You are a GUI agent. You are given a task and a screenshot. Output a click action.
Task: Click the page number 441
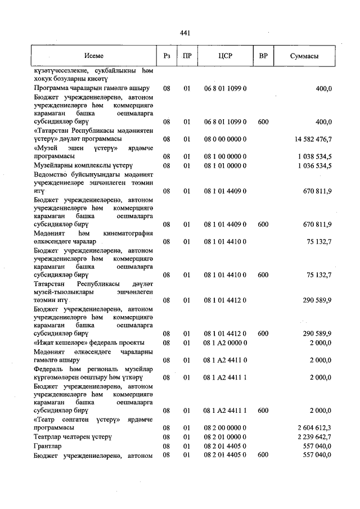(184, 34)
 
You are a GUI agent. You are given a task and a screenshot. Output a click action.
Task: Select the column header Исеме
(94, 56)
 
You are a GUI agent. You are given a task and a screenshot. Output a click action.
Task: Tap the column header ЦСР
(225, 56)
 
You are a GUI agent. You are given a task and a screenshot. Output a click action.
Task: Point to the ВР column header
(262, 56)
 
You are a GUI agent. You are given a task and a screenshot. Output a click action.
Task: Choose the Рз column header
(166, 56)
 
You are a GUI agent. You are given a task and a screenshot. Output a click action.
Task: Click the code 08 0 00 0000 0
(226, 139)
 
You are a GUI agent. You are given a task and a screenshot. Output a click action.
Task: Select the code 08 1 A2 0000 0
(226, 343)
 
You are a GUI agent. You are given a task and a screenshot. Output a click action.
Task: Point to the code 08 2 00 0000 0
(226, 427)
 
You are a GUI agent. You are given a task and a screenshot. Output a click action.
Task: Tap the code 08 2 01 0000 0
(226, 436)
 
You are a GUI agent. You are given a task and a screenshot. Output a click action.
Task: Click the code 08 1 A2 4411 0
(226, 360)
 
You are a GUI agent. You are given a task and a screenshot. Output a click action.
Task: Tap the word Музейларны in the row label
(54, 165)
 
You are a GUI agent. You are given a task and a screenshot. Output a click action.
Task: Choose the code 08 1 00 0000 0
(226, 156)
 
